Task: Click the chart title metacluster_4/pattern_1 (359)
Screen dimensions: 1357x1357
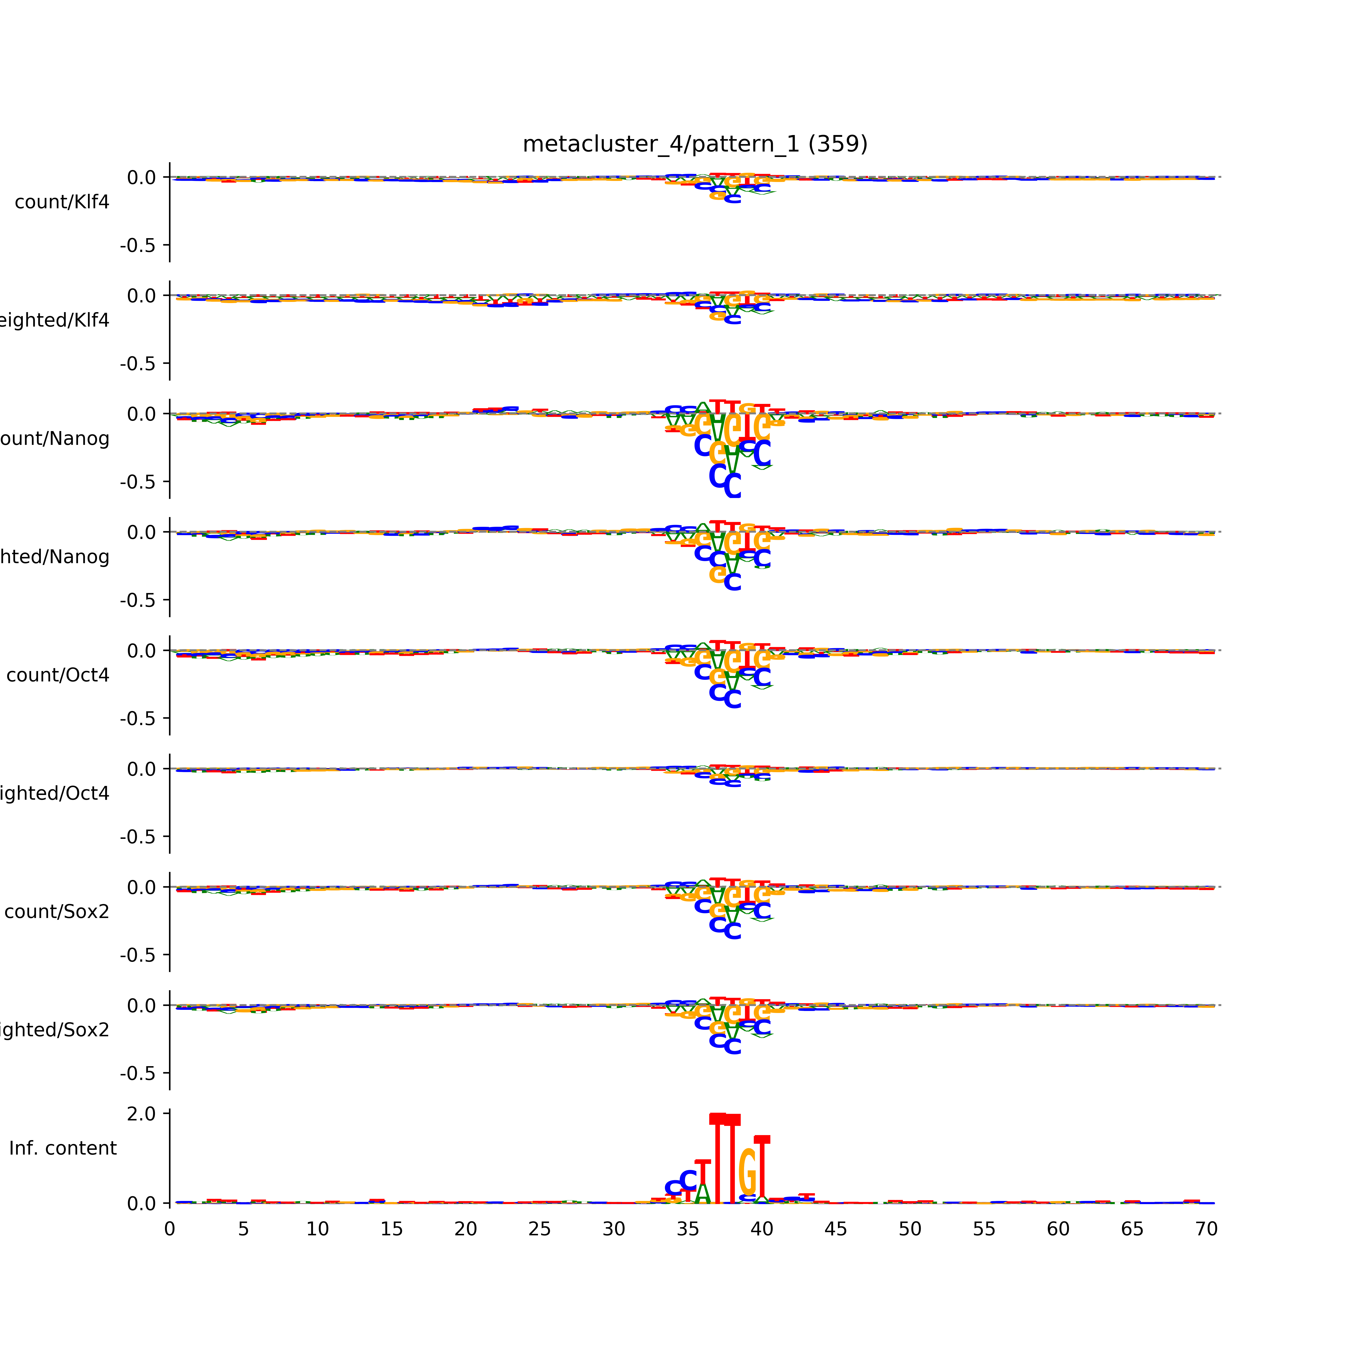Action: point(695,144)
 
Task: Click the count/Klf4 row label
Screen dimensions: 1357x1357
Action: point(62,202)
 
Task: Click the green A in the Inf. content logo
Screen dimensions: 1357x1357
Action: point(702,1193)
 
